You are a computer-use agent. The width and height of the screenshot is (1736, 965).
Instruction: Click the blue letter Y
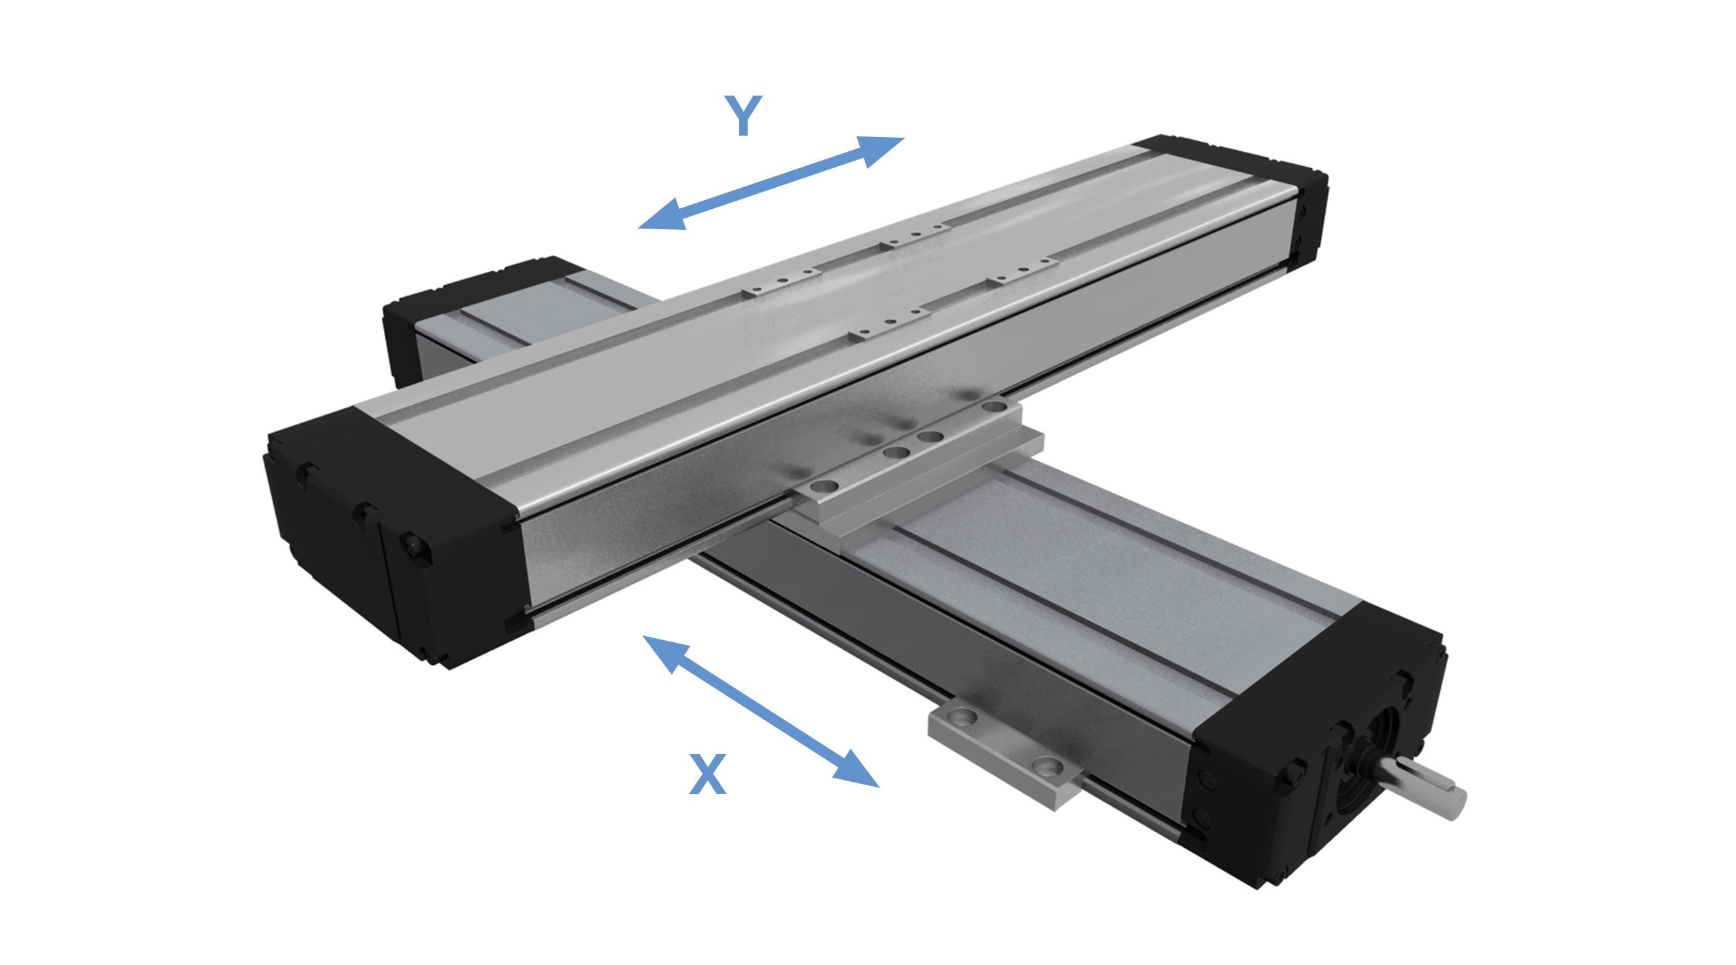(x=743, y=115)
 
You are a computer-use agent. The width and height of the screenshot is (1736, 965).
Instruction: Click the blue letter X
(x=707, y=774)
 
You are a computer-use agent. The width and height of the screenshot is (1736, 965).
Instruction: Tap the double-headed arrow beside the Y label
(x=771, y=183)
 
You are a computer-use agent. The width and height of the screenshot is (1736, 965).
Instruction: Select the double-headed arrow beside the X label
(x=759, y=710)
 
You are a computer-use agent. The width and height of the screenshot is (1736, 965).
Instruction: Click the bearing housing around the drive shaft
(x=1377, y=753)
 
